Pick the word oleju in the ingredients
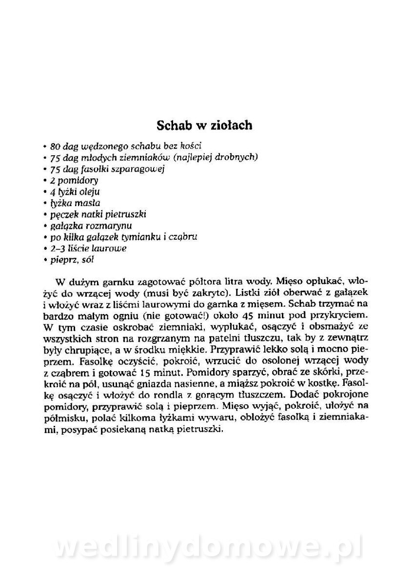click(x=89, y=191)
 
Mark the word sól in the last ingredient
click(x=88, y=260)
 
